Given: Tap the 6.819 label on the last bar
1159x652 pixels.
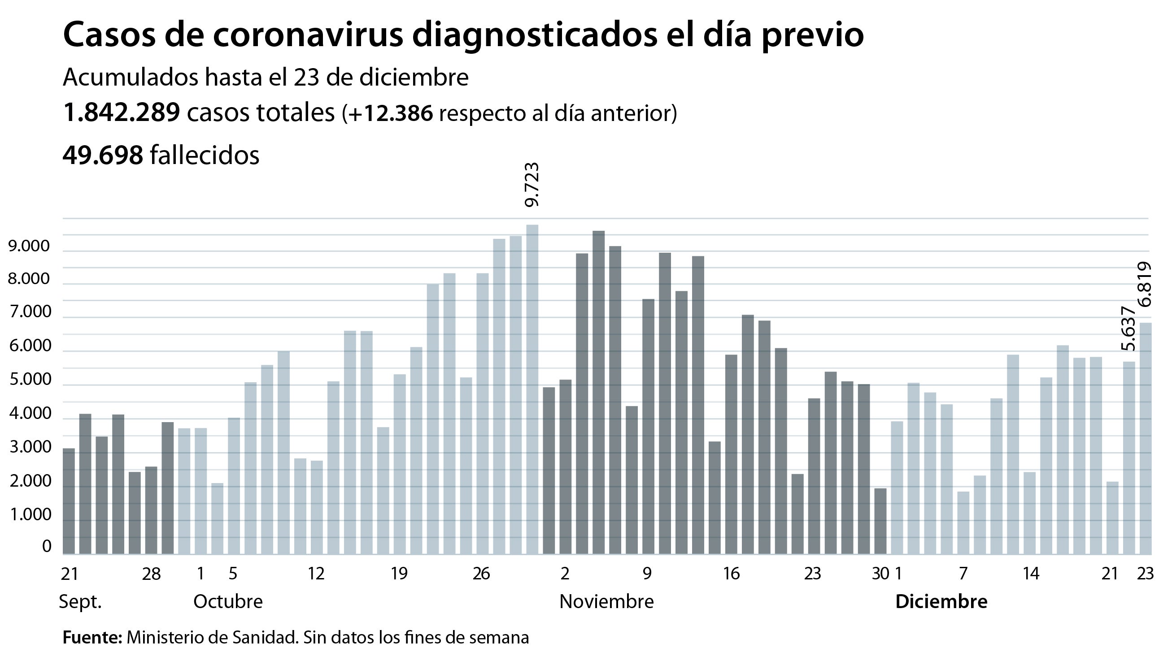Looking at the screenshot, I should click(x=1145, y=284).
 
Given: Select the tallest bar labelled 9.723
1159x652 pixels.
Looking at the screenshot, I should click(x=532, y=389).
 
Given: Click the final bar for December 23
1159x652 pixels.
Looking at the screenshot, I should click(x=1145, y=438).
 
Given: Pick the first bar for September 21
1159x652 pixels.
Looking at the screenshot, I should click(x=68, y=501).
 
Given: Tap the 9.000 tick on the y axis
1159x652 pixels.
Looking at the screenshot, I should click(x=29, y=246).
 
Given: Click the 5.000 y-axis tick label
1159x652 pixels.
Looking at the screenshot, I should click(x=29, y=379).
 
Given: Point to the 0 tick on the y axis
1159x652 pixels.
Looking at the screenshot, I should click(x=47, y=546).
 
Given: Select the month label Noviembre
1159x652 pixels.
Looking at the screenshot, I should click(x=606, y=602).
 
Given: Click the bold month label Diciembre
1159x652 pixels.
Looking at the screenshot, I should click(x=941, y=602).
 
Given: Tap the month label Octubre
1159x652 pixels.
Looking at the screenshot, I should click(x=228, y=602).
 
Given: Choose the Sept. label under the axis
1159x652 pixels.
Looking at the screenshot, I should click(x=80, y=602).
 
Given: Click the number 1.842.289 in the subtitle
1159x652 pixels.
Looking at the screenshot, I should click(x=121, y=112).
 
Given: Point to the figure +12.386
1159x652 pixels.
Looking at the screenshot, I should click(x=390, y=113).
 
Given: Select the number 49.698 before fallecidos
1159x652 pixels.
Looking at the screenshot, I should click(x=103, y=155).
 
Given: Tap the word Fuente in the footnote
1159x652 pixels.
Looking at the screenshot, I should click(x=91, y=638).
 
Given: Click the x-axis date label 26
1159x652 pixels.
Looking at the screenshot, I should click(x=481, y=574).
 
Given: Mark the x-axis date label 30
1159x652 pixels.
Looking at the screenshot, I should click(x=880, y=574).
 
